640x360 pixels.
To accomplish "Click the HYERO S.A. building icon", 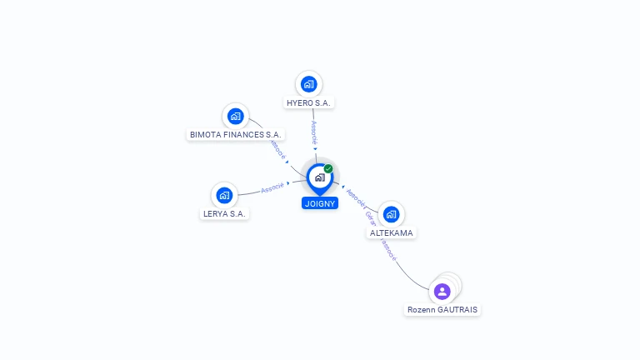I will (x=308, y=84).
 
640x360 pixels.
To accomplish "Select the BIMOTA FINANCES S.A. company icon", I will (x=236, y=116).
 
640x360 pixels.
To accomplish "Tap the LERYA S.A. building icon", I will (x=224, y=195).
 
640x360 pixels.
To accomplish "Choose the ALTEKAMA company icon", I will (x=391, y=214).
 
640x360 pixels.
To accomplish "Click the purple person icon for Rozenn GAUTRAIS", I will (x=442, y=291).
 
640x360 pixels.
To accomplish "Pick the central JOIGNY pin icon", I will (x=319, y=177).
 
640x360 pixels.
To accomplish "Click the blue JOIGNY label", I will (x=320, y=202).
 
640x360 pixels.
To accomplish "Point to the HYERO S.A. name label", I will (x=308, y=102).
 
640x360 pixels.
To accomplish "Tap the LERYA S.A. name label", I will (x=226, y=213).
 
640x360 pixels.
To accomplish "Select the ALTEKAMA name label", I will (x=391, y=233).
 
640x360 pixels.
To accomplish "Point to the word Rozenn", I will (x=422, y=310).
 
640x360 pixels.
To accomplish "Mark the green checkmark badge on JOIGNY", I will (x=328, y=168).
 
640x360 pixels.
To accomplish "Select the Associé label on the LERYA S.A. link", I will (x=272, y=188).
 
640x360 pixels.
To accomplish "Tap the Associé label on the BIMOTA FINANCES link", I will (x=278, y=149).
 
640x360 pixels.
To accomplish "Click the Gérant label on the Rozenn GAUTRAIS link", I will (x=369, y=217).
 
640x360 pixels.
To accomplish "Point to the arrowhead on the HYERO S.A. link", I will (x=315, y=149).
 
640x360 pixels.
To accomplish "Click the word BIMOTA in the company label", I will (x=204, y=134).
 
